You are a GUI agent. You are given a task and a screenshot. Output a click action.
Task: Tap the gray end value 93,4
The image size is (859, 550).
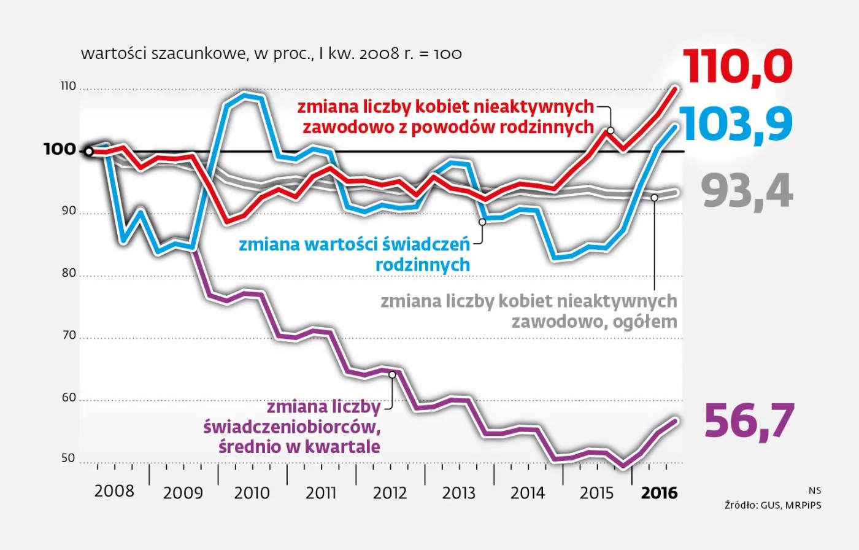click(747, 192)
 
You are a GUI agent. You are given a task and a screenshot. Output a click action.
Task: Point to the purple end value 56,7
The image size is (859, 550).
click(749, 421)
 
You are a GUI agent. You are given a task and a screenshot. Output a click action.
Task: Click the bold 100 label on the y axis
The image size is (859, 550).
click(60, 149)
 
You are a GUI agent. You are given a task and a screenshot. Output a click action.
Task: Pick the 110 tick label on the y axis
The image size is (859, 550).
click(68, 87)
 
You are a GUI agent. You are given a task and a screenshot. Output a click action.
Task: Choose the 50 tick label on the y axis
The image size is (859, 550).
click(68, 459)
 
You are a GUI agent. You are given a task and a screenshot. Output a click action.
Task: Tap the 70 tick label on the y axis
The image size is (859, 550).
click(68, 335)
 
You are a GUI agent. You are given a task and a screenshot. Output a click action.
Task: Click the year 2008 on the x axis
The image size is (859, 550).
click(114, 491)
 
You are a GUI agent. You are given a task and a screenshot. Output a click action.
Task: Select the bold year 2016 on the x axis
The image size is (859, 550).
click(659, 493)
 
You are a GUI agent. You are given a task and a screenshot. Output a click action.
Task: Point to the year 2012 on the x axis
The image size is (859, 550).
click(390, 493)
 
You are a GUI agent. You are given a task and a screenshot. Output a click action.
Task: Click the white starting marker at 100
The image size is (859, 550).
click(89, 151)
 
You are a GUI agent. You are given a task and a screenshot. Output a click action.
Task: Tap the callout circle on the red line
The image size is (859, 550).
click(611, 130)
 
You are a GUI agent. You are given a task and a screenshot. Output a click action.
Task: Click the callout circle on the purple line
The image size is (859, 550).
click(392, 374)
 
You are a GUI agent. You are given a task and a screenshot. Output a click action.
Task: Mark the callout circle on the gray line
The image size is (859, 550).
click(654, 198)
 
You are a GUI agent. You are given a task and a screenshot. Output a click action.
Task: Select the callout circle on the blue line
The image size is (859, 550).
click(482, 222)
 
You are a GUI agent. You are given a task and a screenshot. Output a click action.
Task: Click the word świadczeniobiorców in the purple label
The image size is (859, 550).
click(288, 427)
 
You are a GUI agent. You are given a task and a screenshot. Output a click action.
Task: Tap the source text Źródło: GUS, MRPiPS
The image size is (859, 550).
click(772, 505)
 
